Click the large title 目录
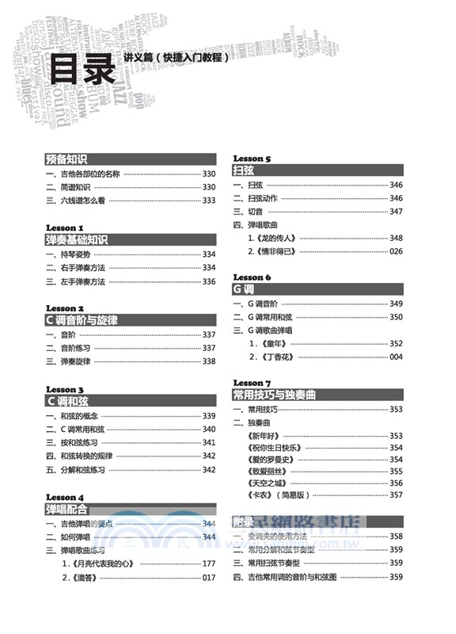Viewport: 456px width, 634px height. click(x=82, y=71)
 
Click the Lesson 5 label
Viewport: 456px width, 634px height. click(x=252, y=158)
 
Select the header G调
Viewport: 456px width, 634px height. click(x=243, y=289)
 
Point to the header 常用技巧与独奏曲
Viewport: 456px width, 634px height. click(x=274, y=394)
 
